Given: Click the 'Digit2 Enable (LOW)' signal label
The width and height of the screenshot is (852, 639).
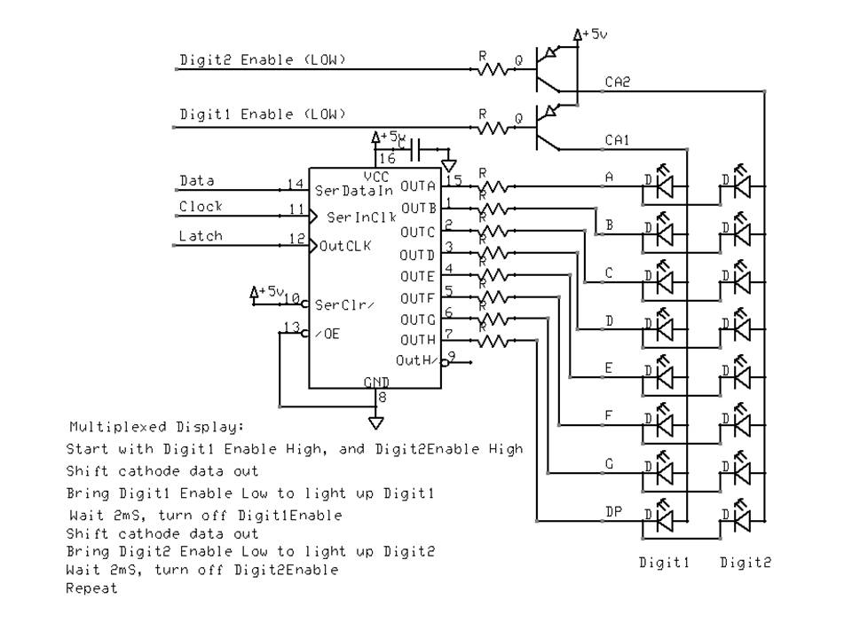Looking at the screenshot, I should point(262,60).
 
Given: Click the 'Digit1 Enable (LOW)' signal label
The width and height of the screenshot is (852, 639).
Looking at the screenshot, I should point(262,114).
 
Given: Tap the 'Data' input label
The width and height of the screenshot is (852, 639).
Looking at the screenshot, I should point(197,180).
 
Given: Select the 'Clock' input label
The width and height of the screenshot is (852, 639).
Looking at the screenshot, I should point(201,207).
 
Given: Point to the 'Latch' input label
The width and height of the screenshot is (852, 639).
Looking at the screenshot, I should point(201,236).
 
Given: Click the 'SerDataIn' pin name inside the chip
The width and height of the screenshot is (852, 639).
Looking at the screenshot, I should point(354,191).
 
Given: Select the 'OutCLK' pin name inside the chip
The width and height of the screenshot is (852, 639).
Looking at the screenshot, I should point(347,245).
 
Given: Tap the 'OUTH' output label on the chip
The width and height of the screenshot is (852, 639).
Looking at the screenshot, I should point(418,340).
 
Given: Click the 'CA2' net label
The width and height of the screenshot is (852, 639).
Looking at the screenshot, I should point(618,82).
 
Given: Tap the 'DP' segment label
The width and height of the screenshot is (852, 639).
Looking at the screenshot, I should point(613,512).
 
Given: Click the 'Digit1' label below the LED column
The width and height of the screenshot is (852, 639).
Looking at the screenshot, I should point(663,562).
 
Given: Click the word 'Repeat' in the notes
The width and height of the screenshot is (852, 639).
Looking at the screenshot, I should point(91,588).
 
